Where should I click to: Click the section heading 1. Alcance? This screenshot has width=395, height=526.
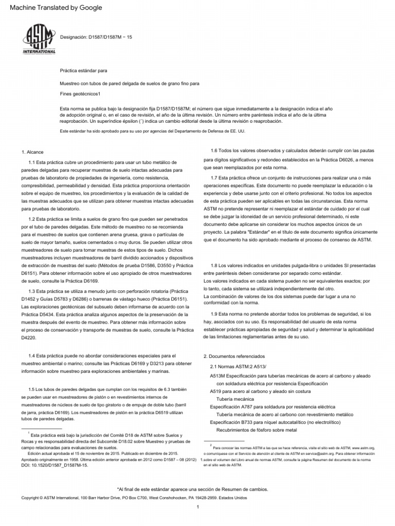pyautogui.click(x=32, y=153)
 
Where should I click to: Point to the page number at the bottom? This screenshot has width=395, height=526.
pyautogui.click(x=197, y=508)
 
